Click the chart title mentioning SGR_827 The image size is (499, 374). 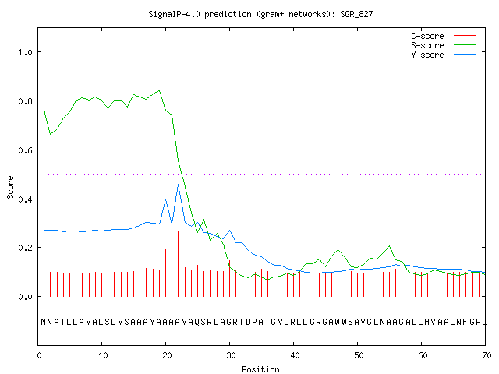point(260,14)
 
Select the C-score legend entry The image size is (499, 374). point(444,36)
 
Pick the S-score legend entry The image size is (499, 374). point(444,45)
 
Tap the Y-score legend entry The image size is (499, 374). point(444,55)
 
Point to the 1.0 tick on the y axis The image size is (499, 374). point(25,52)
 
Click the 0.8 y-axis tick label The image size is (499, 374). point(25,101)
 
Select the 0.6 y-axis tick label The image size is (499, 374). point(25,150)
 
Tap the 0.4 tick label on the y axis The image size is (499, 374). point(25,199)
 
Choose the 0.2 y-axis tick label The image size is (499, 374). point(25,248)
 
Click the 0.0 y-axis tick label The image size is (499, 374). point(25,297)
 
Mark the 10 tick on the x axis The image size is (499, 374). point(103,355)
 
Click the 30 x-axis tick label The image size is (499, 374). point(231,355)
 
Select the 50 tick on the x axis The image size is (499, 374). point(359,355)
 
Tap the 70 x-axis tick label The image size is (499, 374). point(487,355)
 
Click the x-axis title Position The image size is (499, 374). point(260,369)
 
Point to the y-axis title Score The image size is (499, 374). point(10,187)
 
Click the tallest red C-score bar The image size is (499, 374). point(179,264)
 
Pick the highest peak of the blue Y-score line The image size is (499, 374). point(179,184)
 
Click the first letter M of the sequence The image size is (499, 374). point(44,322)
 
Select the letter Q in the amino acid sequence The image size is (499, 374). point(196,322)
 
